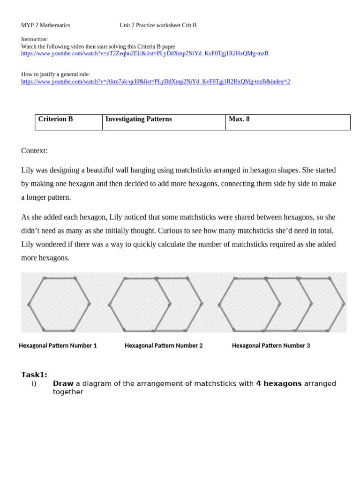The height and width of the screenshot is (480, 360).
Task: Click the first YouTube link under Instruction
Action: coord(144,53)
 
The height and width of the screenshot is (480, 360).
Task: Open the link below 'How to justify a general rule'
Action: coord(155,82)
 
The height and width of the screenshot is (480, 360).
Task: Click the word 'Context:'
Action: coord(34,150)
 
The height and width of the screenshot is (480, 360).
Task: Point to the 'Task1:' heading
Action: coord(34,375)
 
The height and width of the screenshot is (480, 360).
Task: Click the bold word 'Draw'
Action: coord(63,383)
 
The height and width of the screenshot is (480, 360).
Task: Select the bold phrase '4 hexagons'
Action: coord(278,383)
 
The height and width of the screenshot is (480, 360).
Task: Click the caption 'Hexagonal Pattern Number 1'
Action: coord(58,345)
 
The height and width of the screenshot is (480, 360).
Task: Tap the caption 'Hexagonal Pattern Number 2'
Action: coord(164,345)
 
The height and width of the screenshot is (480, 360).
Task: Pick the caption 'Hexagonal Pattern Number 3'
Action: coord(271,345)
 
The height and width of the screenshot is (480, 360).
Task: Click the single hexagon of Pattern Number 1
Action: coord(59,304)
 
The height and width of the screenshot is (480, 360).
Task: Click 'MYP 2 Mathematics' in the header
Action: coord(45,25)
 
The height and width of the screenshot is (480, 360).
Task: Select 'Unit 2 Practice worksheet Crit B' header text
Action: coord(158,25)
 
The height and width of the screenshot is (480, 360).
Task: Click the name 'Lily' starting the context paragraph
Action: coord(28,170)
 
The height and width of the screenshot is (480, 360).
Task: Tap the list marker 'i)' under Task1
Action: coord(34,383)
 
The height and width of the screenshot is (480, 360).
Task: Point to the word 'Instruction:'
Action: coord(34,39)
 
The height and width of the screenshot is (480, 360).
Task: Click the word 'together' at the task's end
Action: coord(68,392)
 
